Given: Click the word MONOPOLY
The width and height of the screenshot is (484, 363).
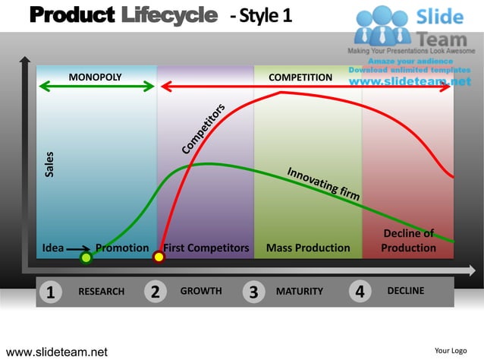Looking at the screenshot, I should point(95,77).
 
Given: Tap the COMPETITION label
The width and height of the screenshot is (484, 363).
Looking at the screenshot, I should point(300,77).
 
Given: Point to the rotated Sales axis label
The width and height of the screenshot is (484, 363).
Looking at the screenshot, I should point(49,164).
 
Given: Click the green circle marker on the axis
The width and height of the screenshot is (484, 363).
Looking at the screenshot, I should point(86,258).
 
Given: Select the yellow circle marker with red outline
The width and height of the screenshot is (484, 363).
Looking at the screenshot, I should point(159,257).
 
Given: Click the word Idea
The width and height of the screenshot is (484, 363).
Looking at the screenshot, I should point(53,248).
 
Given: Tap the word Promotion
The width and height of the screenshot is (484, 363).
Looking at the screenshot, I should point(122,248).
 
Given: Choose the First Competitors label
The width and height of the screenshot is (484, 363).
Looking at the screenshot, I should point(206,248).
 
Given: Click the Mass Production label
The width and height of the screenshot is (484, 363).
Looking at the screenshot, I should point(308,248).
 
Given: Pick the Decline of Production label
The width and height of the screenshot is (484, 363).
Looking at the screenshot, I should point(408,241).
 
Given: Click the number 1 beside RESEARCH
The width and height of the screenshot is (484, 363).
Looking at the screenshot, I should point(50,292).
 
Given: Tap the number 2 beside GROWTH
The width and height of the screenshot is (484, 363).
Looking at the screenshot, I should point(155,292).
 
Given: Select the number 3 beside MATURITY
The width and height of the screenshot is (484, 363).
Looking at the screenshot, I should point(253,292).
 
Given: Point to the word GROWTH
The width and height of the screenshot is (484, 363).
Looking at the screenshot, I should point(201,291).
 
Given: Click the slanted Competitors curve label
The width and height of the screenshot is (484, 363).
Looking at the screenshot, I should point(203,128).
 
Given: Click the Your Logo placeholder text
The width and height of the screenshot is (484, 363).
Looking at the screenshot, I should point(450,350).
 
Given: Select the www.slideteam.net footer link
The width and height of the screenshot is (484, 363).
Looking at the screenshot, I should point(57,352).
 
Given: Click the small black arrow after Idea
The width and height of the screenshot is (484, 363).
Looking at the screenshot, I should point(79,248).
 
